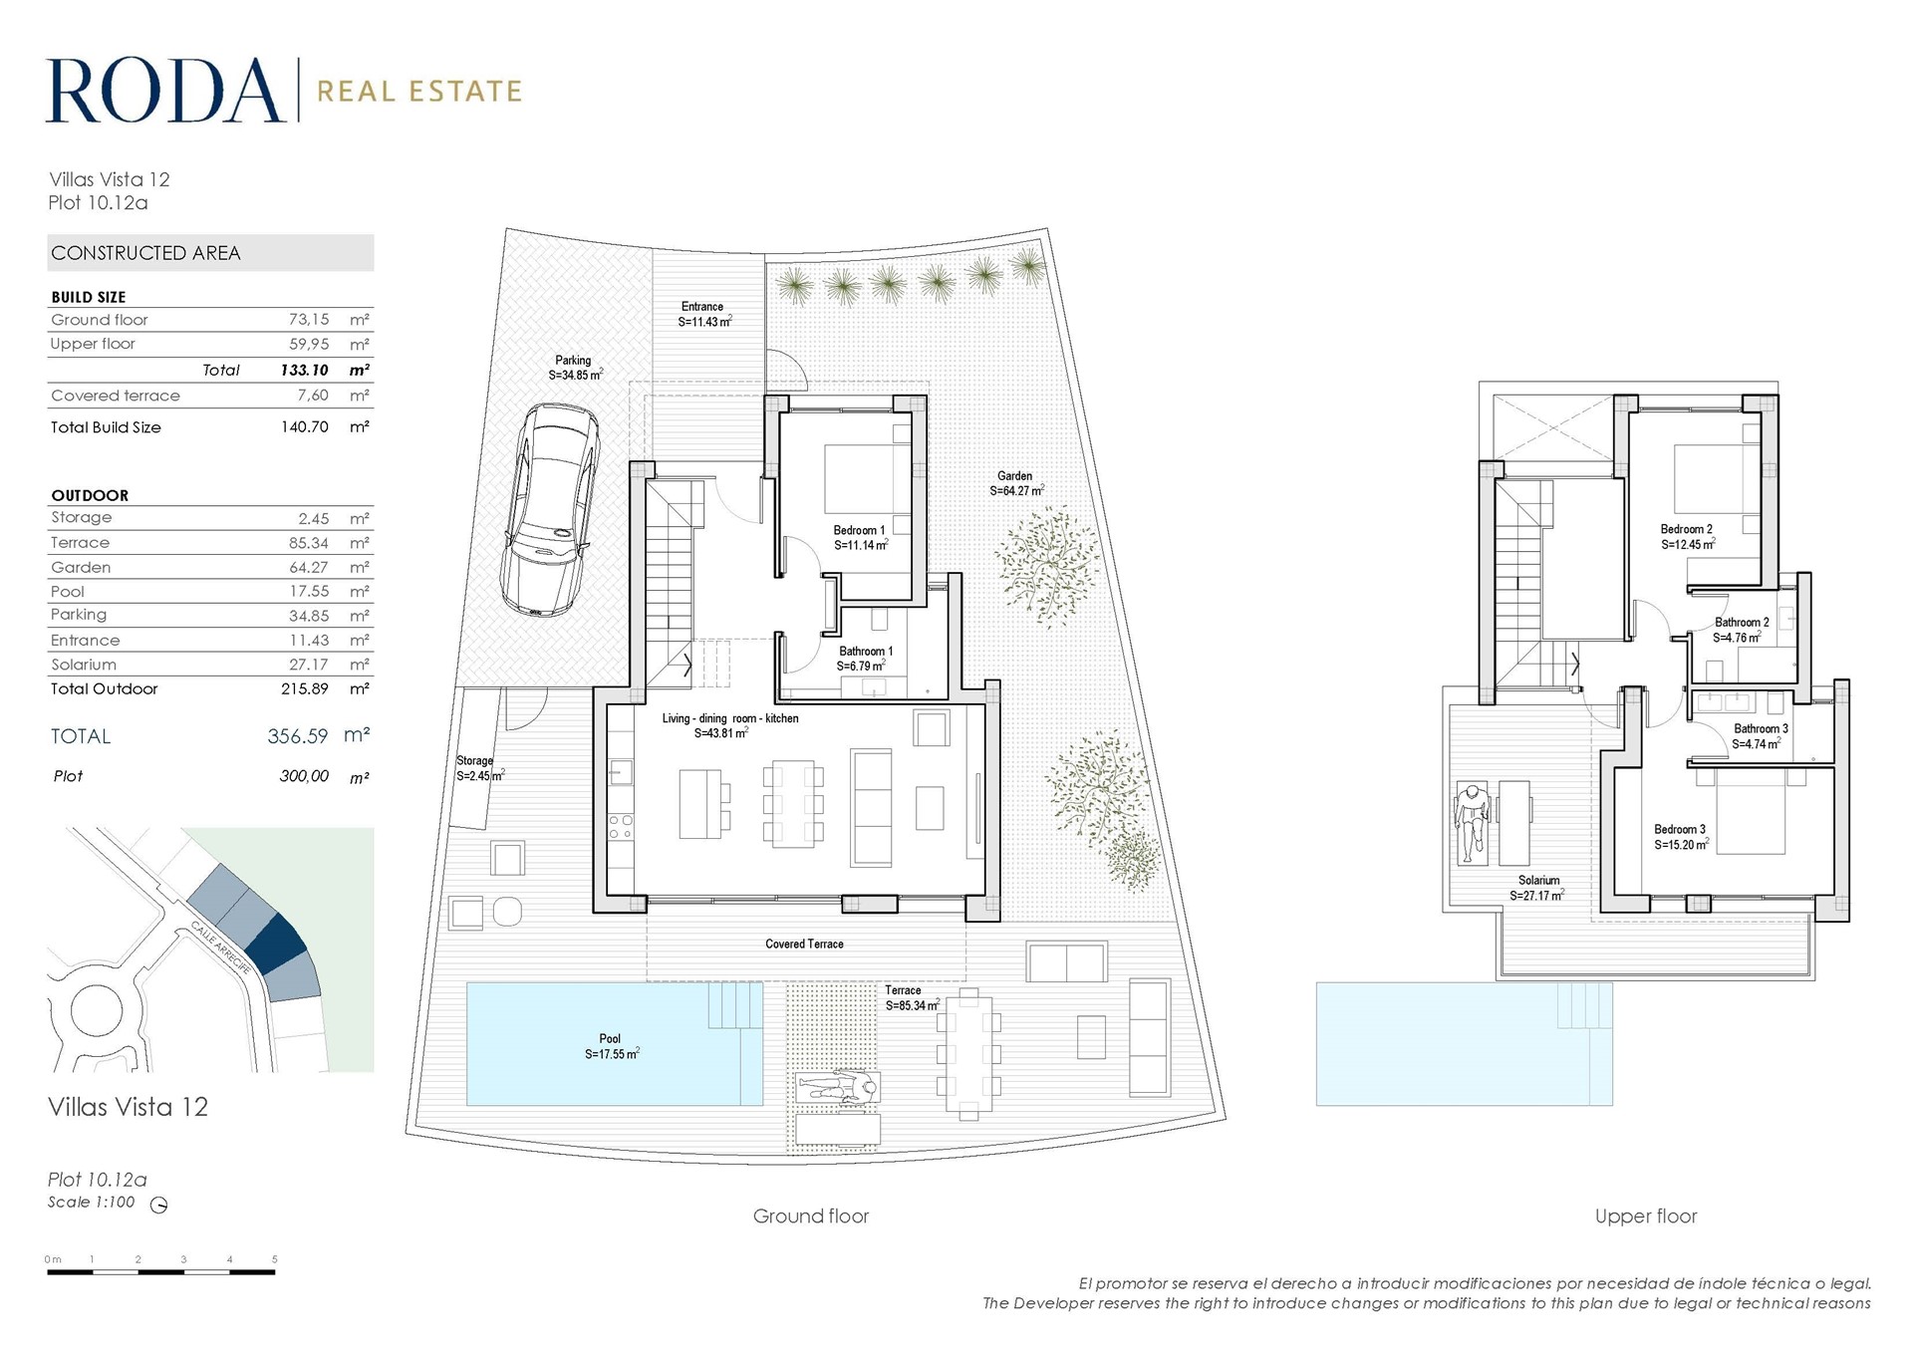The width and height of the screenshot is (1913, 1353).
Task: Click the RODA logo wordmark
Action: [x=165, y=91]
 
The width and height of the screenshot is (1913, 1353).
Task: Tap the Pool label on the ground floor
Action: [x=611, y=1046]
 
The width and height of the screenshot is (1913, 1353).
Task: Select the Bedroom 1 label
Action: [x=860, y=538]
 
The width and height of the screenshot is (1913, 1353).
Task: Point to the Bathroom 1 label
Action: [x=865, y=659]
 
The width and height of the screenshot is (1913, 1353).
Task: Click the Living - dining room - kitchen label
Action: [x=729, y=725]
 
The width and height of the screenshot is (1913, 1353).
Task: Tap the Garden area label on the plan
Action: [x=1016, y=483]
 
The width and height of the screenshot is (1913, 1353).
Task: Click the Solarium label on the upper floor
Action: [x=1538, y=888]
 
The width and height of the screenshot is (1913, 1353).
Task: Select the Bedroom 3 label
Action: [x=1681, y=837]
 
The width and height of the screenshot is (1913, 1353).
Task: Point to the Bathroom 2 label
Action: [x=1741, y=630]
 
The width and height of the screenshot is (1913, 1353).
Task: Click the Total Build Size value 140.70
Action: [x=305, y=426]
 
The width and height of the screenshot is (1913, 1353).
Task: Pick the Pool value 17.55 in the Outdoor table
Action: [x=309, y=591]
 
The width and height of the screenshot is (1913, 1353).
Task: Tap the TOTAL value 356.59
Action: [x=297, y=736]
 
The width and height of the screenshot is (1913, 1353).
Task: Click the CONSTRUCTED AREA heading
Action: [x=146, y=253]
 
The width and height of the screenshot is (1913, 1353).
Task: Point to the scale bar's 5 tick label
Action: [x=275, y=1259]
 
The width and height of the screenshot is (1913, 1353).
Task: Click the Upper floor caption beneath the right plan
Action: [x=1646, y=1216]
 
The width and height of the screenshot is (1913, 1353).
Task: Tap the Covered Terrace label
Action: [x=804, y=944]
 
